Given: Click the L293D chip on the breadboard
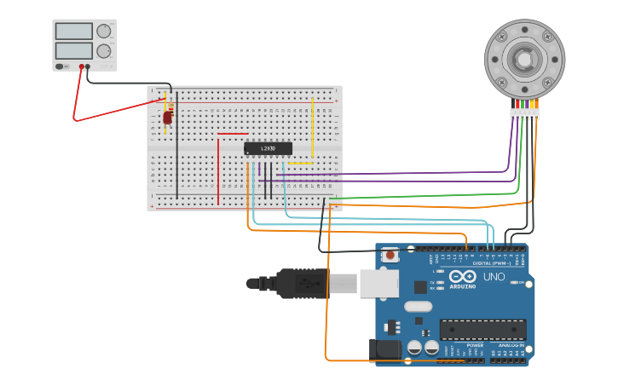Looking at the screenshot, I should pyautogui.click(x=268, y=148).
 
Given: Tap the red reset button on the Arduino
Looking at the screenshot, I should pyautogui.click(x=390, y=254).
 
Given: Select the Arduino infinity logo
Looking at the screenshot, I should pyautogui.click(x=462, y=277).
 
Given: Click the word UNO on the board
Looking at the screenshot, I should pyautogui.click(x=494, y=277).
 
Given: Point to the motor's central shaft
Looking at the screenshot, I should pyautogui.click(x=524, y=59).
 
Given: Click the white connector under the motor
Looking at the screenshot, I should pyautogui.click(x=524, y=113).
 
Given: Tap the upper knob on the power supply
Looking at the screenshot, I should pyautogui.click(x=103, y=32).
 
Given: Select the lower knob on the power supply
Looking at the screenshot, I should pyautogui.click(x=103, y=51).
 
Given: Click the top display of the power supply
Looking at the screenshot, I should pyautogui.click(x=73, y=32).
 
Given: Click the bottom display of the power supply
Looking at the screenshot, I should pyautogui.click(x=73, y=51).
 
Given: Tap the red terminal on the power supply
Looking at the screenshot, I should pyautogui.click(x=82, y=66).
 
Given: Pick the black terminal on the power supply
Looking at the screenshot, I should pyautogui.click(x=88, y=66).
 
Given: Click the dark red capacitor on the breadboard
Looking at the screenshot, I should pyautogui.click(x=167, y=117).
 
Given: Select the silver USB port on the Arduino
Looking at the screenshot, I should pyautogui.click(x=378, y=283).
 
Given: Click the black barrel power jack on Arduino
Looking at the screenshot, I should pyautogui.click(x=384, y=348).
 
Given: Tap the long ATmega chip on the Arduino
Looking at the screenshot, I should pyautogui.click(x=482, y=329).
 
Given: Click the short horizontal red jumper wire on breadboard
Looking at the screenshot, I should pyautogui.click(x=233, y=134).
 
